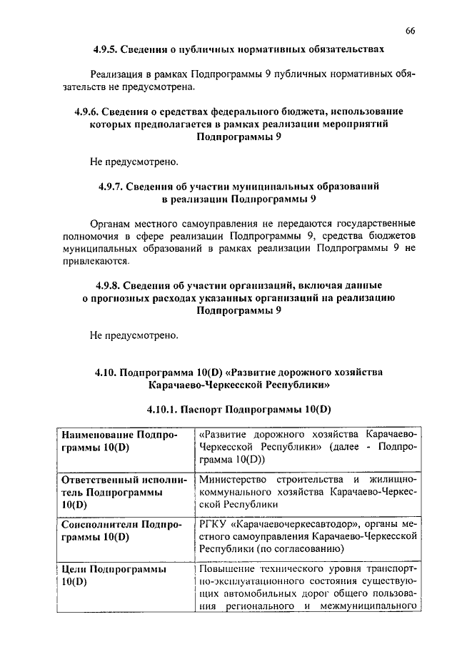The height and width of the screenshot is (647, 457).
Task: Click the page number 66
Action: (410, 30)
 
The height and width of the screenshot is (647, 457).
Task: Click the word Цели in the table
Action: (74, 569)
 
